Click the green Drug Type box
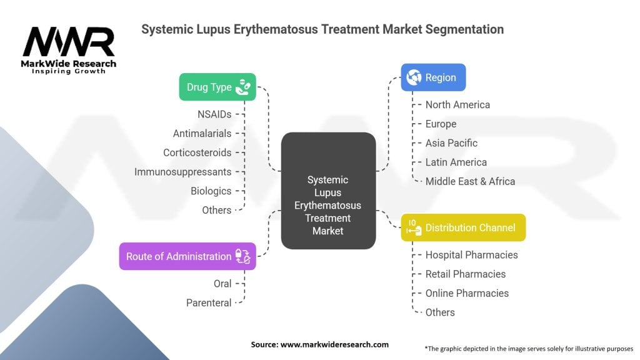[217, 87]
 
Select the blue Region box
[433, 78]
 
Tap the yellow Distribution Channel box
[462, 227]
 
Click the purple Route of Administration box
[187, 256]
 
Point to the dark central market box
[328, 191]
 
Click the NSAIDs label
[214, 114]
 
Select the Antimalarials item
[202, 133]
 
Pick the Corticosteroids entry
[197, 152]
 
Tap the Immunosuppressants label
[182, 172]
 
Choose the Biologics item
[211, 191]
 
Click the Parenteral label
[209, 302]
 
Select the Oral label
[222, 284]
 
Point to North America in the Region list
[457, 104]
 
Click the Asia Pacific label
[452, 143]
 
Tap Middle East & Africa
[470, 181]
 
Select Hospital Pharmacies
[471, 255]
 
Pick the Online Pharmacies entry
[467, 293]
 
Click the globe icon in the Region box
[413, 78]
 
